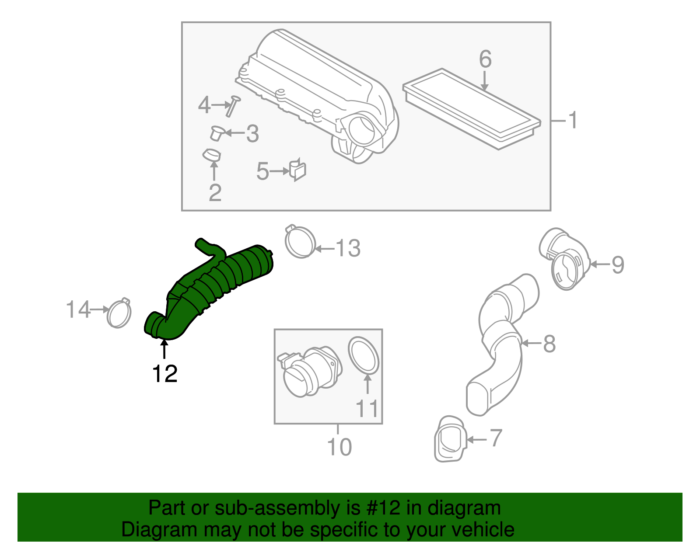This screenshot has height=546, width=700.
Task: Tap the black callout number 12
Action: coord(164,374)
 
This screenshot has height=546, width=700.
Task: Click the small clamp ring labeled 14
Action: coord(119,313)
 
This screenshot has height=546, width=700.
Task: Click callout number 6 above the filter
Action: coord(485,59)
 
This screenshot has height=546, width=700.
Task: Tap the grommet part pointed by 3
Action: coord(216,133)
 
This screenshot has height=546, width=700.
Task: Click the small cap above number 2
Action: coord(212,155)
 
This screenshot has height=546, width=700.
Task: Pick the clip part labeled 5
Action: coord(297,170)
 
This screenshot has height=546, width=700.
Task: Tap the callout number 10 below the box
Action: coord(339,447)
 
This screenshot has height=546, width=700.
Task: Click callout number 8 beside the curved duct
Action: coord(549,344)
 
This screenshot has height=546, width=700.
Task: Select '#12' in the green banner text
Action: coord(381,508)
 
